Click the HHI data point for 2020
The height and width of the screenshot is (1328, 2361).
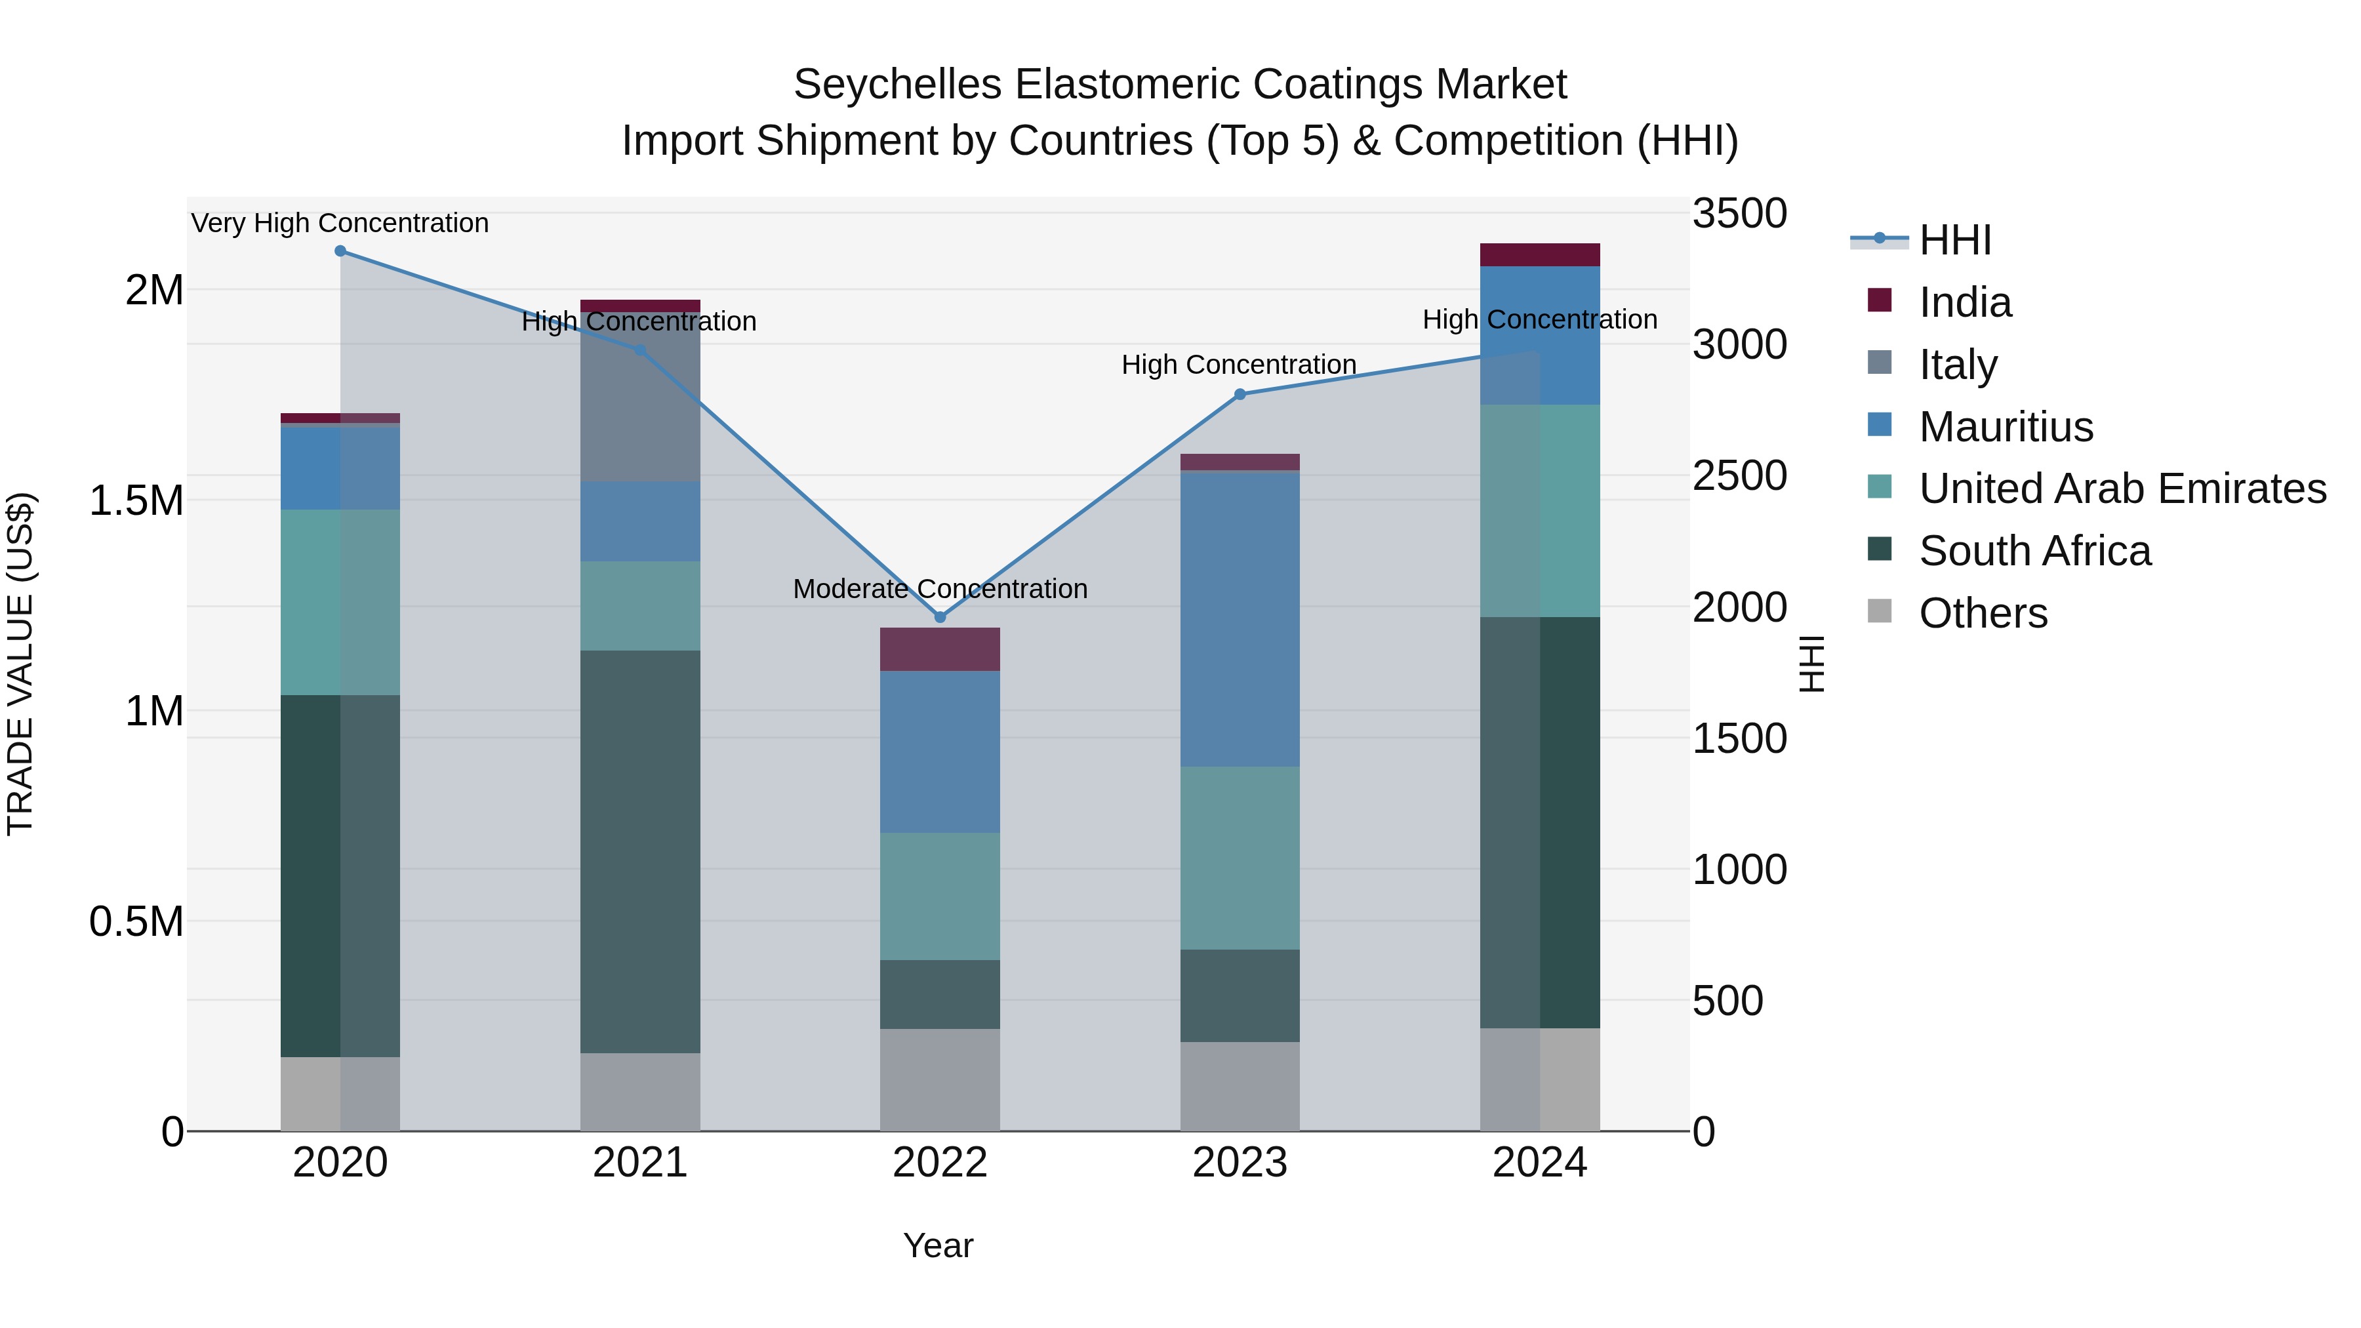coord(340,251)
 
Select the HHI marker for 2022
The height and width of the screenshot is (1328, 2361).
coord(939,618)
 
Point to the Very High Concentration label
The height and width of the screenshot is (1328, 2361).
coord(340,224)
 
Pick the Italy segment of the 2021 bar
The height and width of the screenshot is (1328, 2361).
coord(639,397)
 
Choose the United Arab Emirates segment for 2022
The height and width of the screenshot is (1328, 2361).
coord(939,896)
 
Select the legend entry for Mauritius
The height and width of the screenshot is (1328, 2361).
coord(2006,427)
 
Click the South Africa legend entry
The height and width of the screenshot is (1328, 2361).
coord(2034,552)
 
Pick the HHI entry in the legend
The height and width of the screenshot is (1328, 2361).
coord(1954,240)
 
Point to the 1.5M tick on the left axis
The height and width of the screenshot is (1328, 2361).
coord(136,501)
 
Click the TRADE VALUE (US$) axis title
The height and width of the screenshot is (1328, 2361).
coord(21,664)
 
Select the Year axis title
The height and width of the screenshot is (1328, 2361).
coord(938,1245)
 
